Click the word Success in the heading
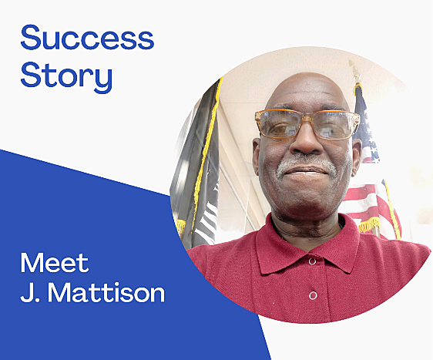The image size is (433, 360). pyautogui.click(x=87, y=37)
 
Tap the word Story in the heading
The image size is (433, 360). pyautogui.click(x=66, y=76)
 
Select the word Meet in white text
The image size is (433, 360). pyautogui.click(x=55, y=262)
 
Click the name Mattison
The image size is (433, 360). pyautogui.click(x=106, y=292)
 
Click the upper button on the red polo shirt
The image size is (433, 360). pyautogui.click(x=312, y=261)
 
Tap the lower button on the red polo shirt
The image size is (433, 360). pyautogui.click(x=313, y=295)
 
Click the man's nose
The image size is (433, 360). pyautogui.click(x=307, y=141)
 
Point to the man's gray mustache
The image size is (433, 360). pyautogui.click(x=307, y=164)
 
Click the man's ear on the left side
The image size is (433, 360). pyautogui.click(x=257, y=156)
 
